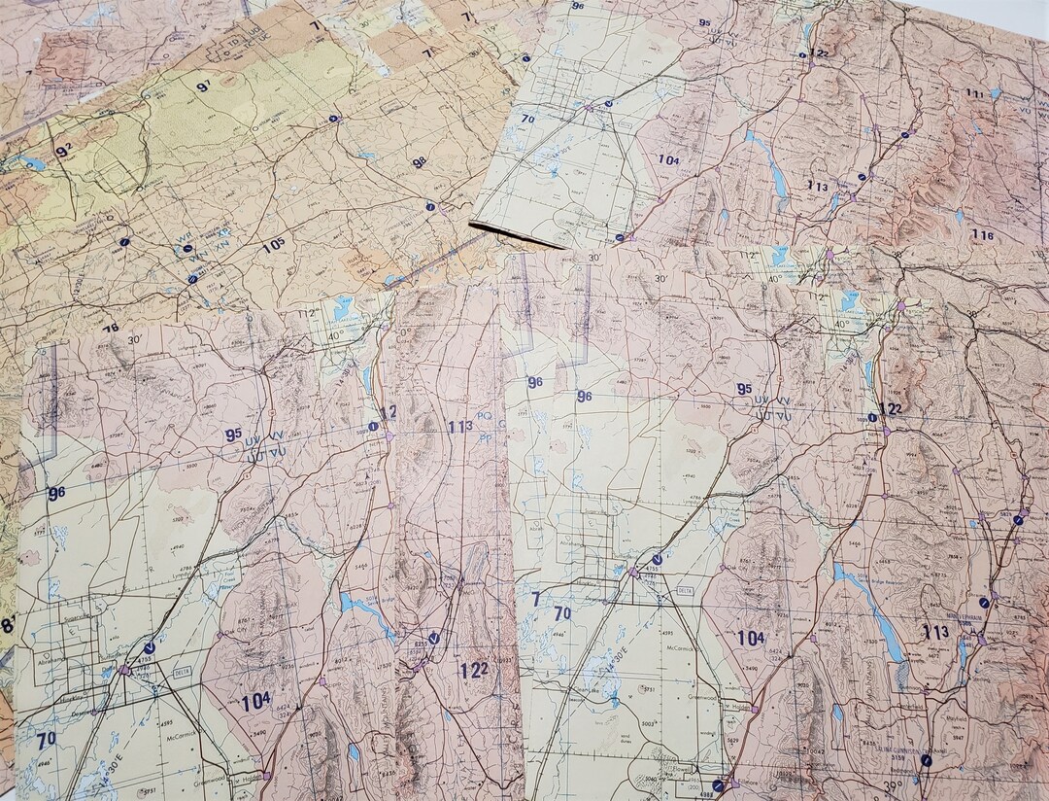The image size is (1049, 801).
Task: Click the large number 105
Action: pos(273,245)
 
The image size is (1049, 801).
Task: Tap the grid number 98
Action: pos(419,162)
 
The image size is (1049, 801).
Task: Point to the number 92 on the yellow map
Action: pos(64,149)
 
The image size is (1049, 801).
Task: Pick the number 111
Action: pos(974,93)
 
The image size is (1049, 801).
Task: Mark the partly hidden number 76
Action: pos(111,329)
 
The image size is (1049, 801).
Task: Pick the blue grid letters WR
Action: pos(185,236)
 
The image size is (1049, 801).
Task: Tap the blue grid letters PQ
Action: pos(485,416)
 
